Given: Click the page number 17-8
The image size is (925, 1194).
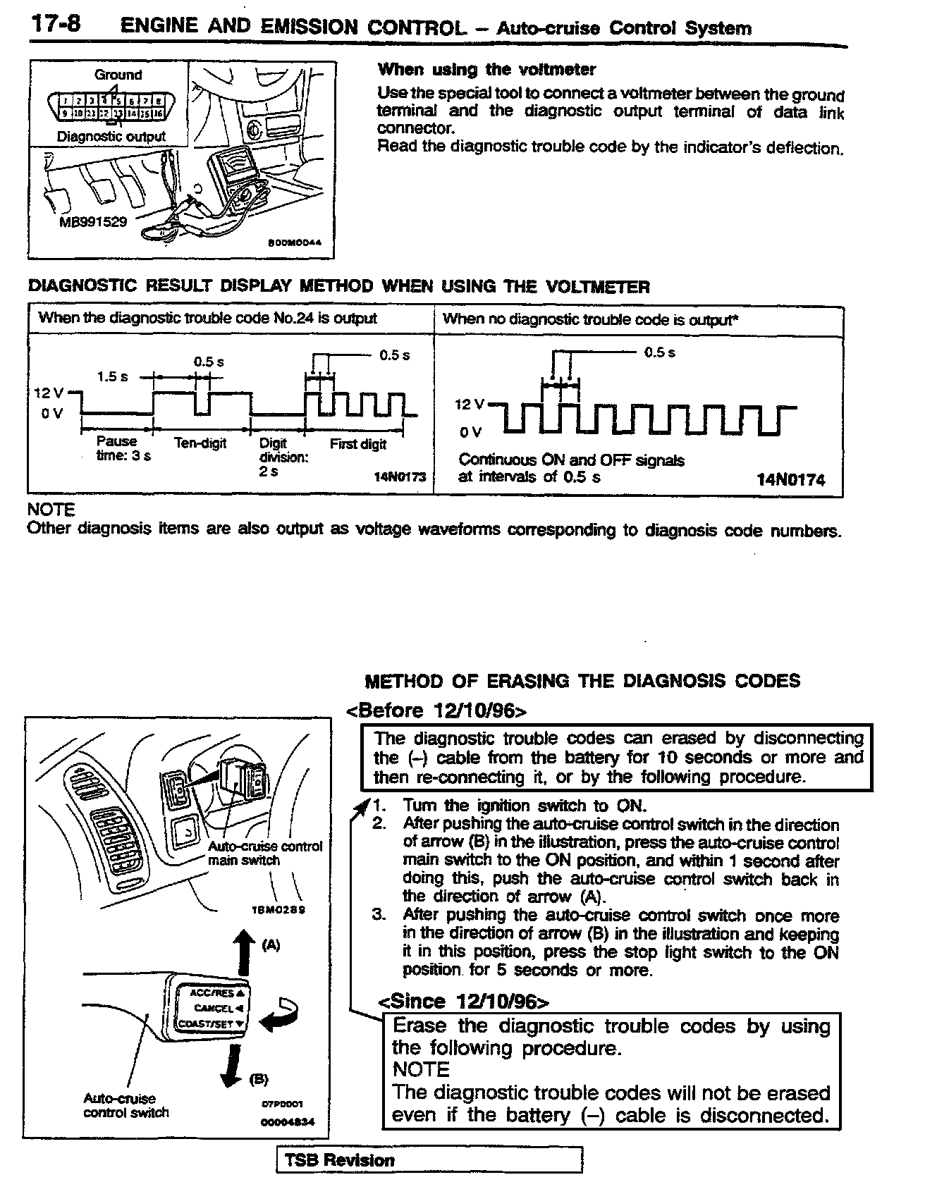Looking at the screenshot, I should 55,25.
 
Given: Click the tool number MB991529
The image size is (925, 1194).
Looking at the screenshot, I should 93,221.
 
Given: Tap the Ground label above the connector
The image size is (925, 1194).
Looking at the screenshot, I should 118,75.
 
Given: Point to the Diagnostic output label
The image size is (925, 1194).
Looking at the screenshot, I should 111,137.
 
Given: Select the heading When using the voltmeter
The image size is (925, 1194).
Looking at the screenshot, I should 486,69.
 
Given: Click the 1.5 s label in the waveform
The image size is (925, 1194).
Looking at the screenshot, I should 113,376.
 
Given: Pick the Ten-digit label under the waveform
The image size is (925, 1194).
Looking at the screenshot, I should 200,443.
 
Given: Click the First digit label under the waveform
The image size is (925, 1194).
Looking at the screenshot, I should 357,444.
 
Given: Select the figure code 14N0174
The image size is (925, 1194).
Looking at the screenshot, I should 790,480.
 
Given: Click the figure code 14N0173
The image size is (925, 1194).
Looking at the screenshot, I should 400,477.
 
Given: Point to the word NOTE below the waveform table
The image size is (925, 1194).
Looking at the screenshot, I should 50,509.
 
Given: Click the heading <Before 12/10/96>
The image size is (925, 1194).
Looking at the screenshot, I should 436,710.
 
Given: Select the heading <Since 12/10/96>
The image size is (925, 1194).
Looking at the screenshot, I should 464,1002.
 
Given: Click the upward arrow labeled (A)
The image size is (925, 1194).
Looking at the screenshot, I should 244,952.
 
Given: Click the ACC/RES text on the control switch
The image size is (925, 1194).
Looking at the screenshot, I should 212,992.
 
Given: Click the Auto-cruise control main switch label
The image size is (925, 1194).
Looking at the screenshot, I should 264,853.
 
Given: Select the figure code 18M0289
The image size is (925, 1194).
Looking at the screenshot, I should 278,909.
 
